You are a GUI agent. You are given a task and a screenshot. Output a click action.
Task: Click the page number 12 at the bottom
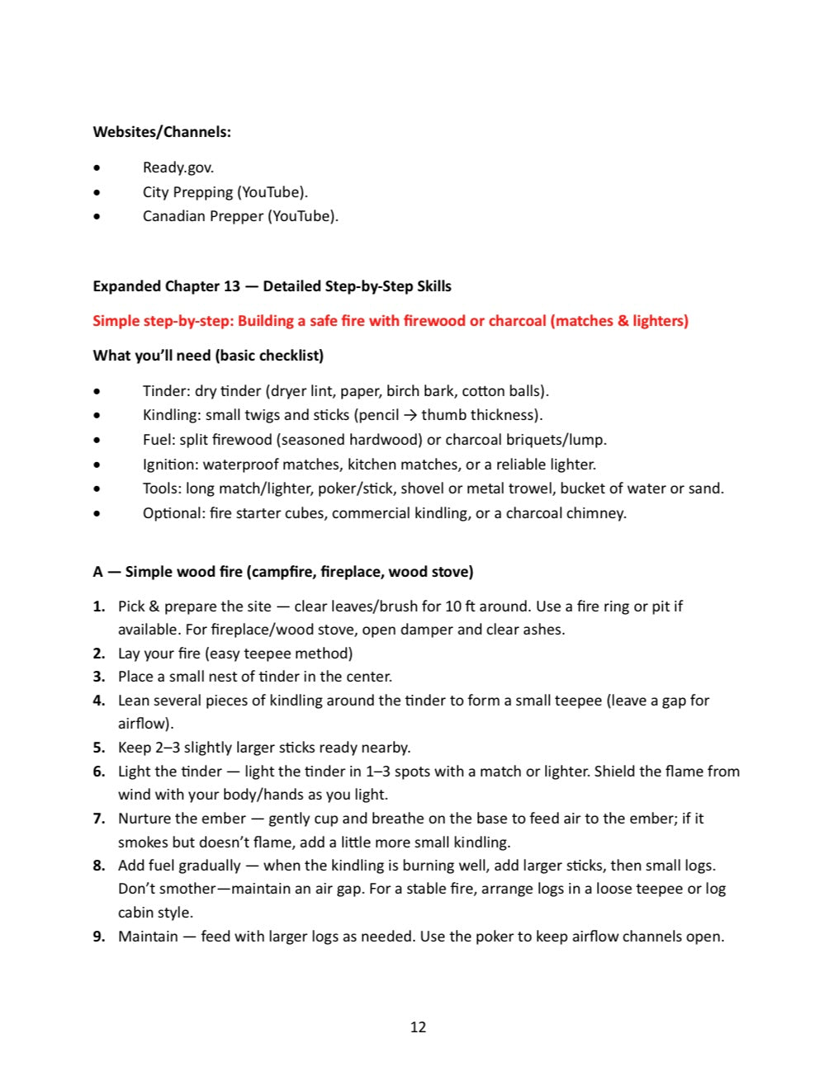point(418,1027)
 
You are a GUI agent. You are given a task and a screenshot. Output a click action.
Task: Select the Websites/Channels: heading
point(162,132)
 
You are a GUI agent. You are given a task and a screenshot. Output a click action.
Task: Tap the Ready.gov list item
point(178,168)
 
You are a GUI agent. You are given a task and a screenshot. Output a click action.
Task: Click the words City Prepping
point(187,192)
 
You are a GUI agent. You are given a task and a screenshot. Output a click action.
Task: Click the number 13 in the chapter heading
point(232,286)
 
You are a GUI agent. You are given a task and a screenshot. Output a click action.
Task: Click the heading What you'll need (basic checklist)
point(208,356)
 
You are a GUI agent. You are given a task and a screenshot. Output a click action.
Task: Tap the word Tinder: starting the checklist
point(166,391)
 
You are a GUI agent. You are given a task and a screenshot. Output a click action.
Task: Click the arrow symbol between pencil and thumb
point(410,415)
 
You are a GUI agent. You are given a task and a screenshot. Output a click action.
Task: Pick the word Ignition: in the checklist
point(170,464)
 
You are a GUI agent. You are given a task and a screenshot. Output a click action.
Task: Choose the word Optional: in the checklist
point(173,513)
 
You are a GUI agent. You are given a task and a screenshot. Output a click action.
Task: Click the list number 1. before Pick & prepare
point(99,606)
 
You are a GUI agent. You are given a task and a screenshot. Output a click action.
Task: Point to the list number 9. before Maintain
point(99,937)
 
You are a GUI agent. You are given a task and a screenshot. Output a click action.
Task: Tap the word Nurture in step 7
point(144,819)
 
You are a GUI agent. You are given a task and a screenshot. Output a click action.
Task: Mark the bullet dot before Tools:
point(98,488)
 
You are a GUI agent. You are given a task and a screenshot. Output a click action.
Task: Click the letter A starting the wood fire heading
point(98,572)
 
